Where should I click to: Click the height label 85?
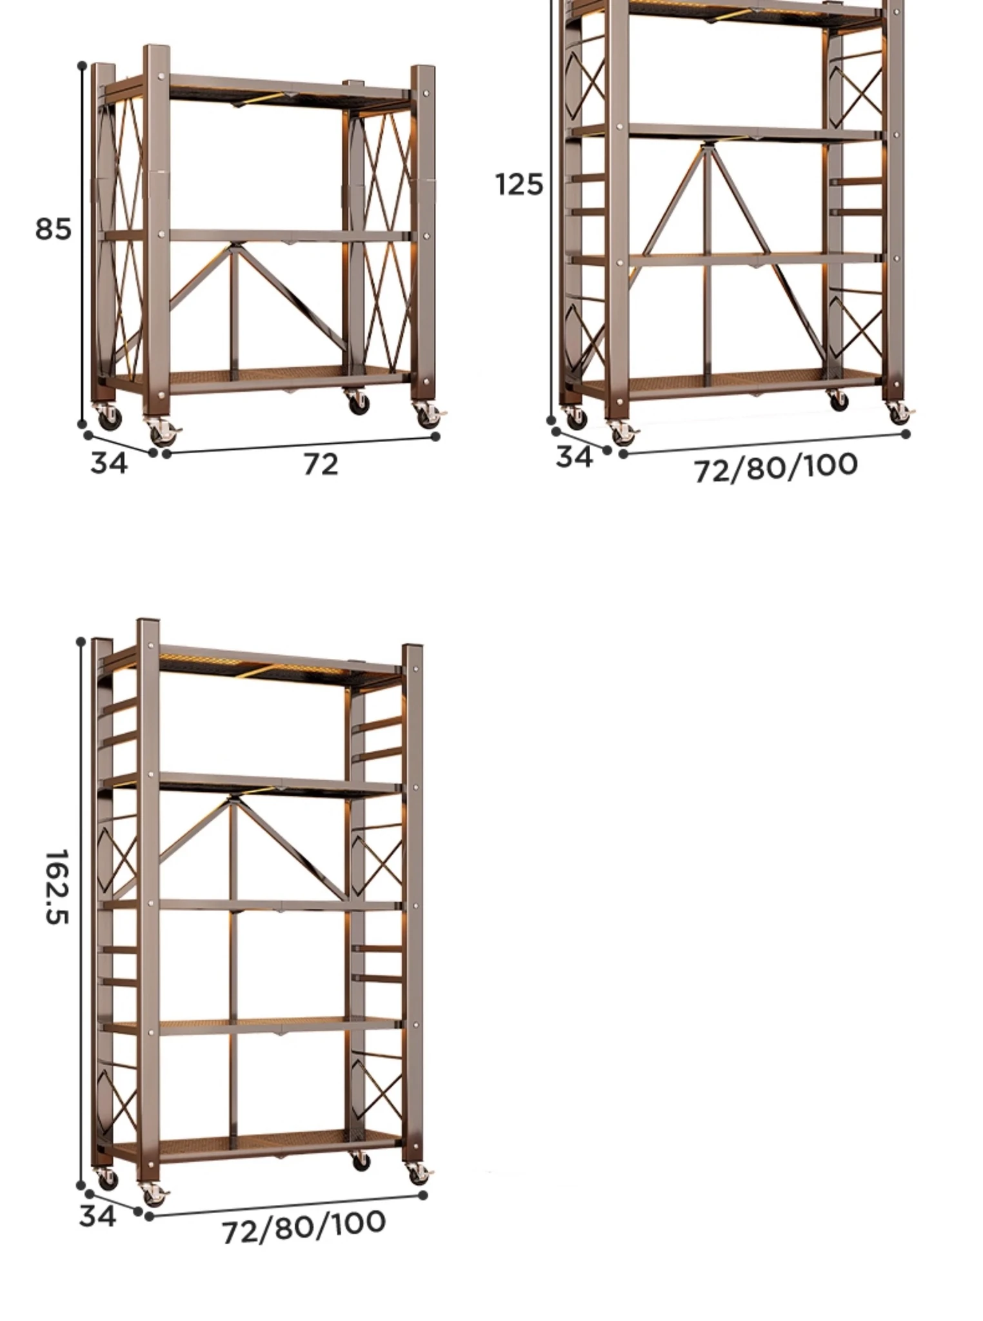point(53,229)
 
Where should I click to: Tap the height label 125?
point(519,185)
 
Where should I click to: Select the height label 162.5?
point(57,887)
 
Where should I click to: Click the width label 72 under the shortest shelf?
point(321,464)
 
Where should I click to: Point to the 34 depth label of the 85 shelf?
point(109,463)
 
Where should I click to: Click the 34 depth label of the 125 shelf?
point(574,457)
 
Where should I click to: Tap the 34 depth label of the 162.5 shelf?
point(98,1216)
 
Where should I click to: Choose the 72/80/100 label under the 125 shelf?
point(776,467)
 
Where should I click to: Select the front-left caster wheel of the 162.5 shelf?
point(153,1195)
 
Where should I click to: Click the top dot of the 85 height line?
point(82,66)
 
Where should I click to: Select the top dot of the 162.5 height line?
point(81,641)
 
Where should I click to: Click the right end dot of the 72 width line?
point(435,437)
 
